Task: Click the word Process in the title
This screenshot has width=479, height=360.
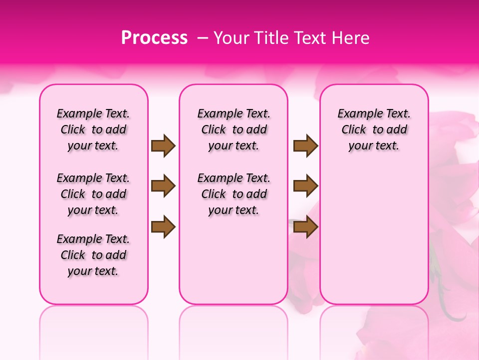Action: pyautogui.click(x=154, y=38)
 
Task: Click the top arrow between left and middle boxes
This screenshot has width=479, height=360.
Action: pyautogui.click(x=163, y=145)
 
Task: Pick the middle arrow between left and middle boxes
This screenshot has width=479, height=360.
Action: pyautogui.click(x=163, y=186)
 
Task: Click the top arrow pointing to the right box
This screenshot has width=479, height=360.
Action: pyautogui.click(x=306, y=145)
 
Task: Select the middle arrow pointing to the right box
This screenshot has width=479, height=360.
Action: pyautogui.click(x=306, y=186)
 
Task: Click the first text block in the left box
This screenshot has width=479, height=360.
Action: pyautogui.click(x=93, y=129)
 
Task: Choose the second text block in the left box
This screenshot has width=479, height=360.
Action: pyautogui.click(x=93, y=194)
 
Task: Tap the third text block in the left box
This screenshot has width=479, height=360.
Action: pyautogui.click(x=93, y=255)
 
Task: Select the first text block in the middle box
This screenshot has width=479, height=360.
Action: pyautogui.click(x=234, y=129)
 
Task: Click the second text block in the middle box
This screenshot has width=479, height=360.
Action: pyautogui.click(x=234, y=194)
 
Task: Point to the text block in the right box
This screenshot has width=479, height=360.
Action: pyautogui.click(x=374, y=129)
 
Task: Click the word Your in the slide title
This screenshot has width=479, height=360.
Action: pyautogui.click(x=231, y=38)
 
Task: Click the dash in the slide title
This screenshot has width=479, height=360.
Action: pyautogui.click(x=203, y=38)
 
